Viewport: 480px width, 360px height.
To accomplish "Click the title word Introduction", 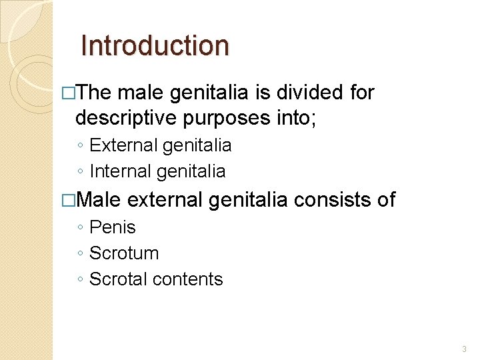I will click(x=154, y=46).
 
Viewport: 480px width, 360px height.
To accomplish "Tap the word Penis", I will click(x=112, y=227).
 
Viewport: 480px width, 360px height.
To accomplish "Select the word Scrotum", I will click(x=124, y=253).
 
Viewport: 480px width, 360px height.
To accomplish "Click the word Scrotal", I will click(x=119, y=279).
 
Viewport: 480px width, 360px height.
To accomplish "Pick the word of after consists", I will click(x=385, y=199).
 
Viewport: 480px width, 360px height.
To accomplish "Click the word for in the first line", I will click(x=362, y=93).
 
